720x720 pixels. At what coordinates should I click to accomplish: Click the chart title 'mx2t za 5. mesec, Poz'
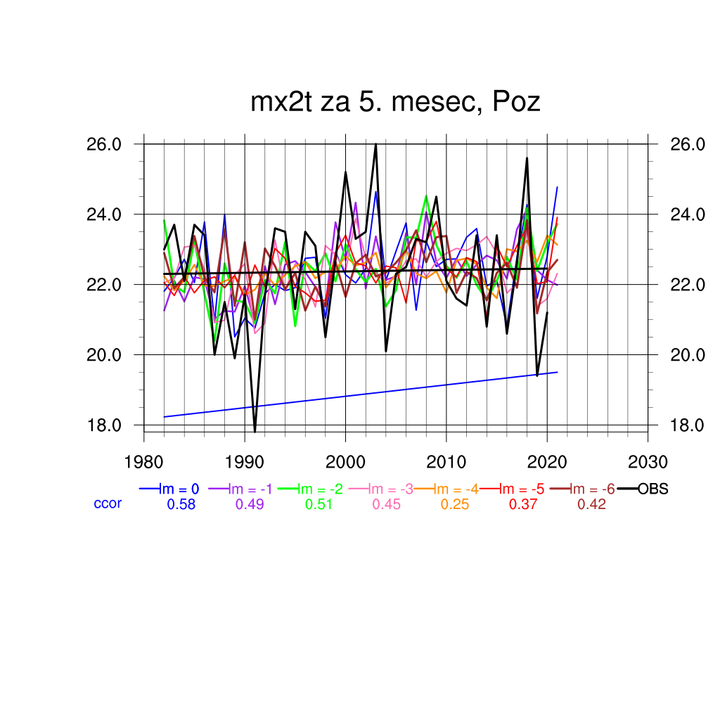pos(395,103)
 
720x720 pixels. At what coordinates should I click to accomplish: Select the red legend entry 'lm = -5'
pos(523,489)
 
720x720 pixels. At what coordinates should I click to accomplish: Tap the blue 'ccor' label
pos(108,503)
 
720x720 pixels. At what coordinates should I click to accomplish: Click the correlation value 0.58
pos(181,504)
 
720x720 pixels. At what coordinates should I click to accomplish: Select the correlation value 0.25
pos(455,504)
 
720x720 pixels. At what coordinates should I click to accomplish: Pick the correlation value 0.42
pos(591,504)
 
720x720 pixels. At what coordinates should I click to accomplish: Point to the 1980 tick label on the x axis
pos(144,462)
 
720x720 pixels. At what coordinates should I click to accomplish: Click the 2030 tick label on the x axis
pos(648,462)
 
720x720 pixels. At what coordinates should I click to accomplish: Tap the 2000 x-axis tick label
pos(345,462)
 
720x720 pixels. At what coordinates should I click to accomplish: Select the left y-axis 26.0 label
pos(105,144)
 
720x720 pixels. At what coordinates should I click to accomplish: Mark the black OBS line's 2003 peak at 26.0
pos(376,144)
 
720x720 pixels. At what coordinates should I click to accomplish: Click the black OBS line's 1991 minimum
pos(255,431)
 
